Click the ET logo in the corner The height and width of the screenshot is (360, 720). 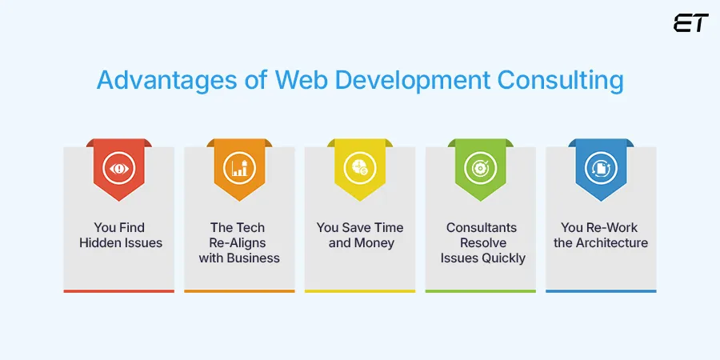point(690,23)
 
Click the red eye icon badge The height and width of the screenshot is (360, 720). point(118,168)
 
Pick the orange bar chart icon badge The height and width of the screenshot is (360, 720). point(239,168)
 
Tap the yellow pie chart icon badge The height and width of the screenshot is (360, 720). point(359,168)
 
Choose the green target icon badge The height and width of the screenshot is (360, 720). point(480,168)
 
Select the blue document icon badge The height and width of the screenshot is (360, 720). point(601,168)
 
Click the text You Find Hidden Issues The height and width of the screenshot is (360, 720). point(118,235)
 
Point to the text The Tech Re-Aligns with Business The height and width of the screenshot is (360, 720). point(239,242)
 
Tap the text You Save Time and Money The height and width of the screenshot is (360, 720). point(360,235)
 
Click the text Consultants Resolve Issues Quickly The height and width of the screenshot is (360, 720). point(482,242)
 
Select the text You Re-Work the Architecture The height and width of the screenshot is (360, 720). point(601,235)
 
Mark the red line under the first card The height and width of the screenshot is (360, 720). point(118,290)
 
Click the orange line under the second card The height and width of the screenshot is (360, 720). point(239,290)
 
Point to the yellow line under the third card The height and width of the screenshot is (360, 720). point(360,290)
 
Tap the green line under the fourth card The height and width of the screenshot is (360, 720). point(480,290)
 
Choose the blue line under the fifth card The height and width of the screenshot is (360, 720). point(601,290)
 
